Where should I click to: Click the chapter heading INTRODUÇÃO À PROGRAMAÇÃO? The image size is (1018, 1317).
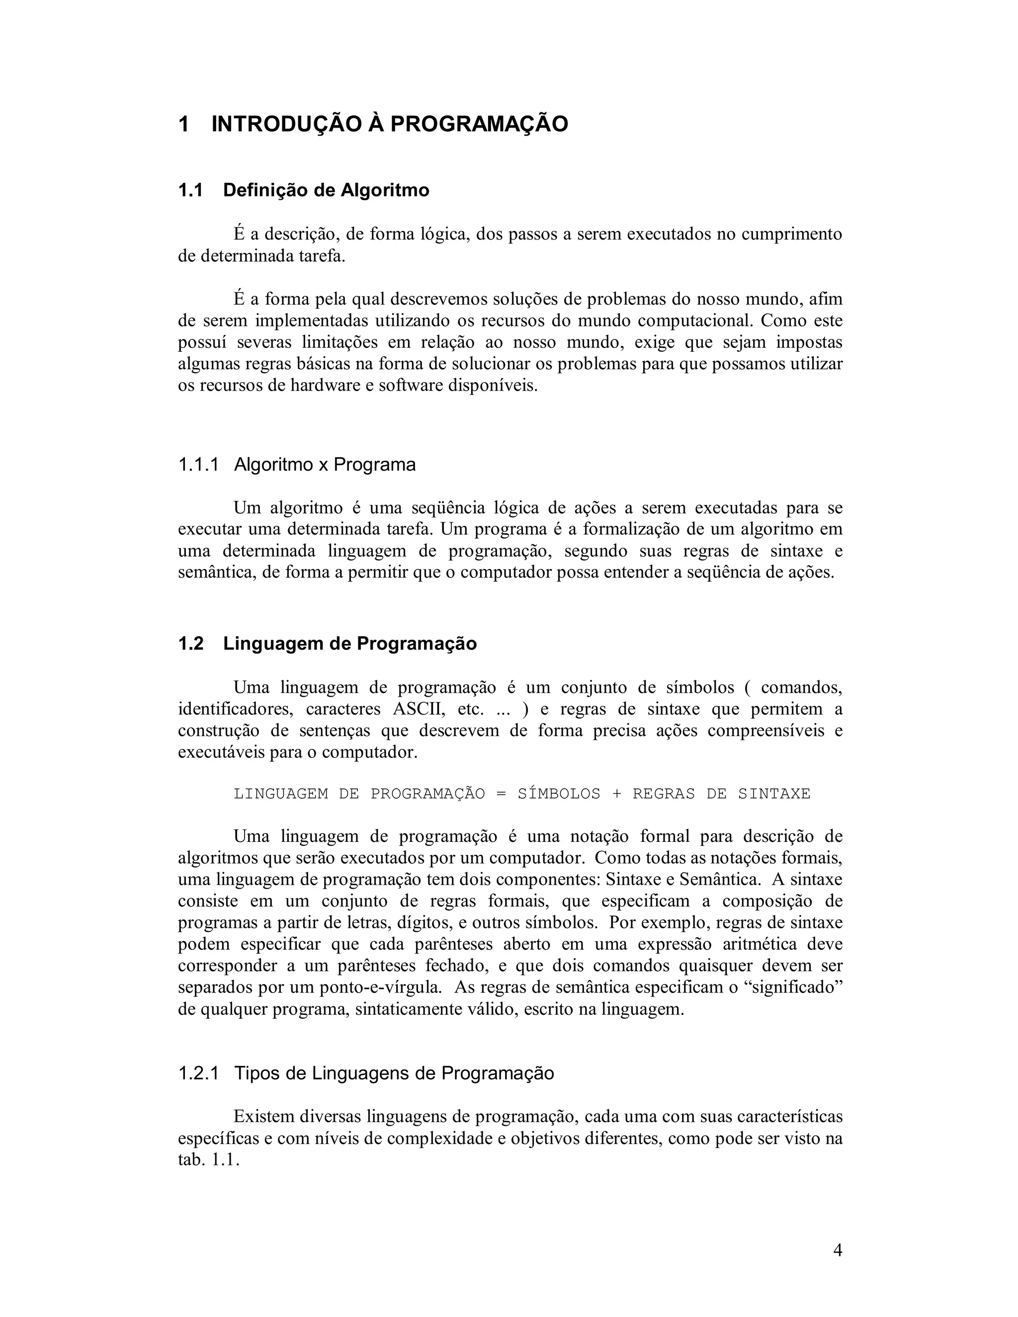pyautogui.click(x=390, y=124)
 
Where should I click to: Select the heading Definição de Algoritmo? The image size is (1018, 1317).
pyautogui.click(x=326, y=190)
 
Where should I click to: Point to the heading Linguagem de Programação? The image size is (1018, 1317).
pyautogui.click(x=350, y=644)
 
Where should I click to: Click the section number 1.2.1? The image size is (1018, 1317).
pyautogui.click(x=198, y=1073)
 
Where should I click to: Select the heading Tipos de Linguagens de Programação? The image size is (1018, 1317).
pyautogui.click(x=394, y=1073)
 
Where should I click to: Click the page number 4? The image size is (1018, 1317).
pyautogui.click(x=837, y=1251)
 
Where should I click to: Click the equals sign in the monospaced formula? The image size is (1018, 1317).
pyautogui.click(x=501, y=794)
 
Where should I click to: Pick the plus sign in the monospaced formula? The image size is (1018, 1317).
pyautogui.click(x=616, y=794)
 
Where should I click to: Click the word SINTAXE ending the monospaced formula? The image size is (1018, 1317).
pyautogui.click(x=774, y=794)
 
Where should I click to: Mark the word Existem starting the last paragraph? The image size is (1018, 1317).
pyautogui.click(x=263, y=1116)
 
